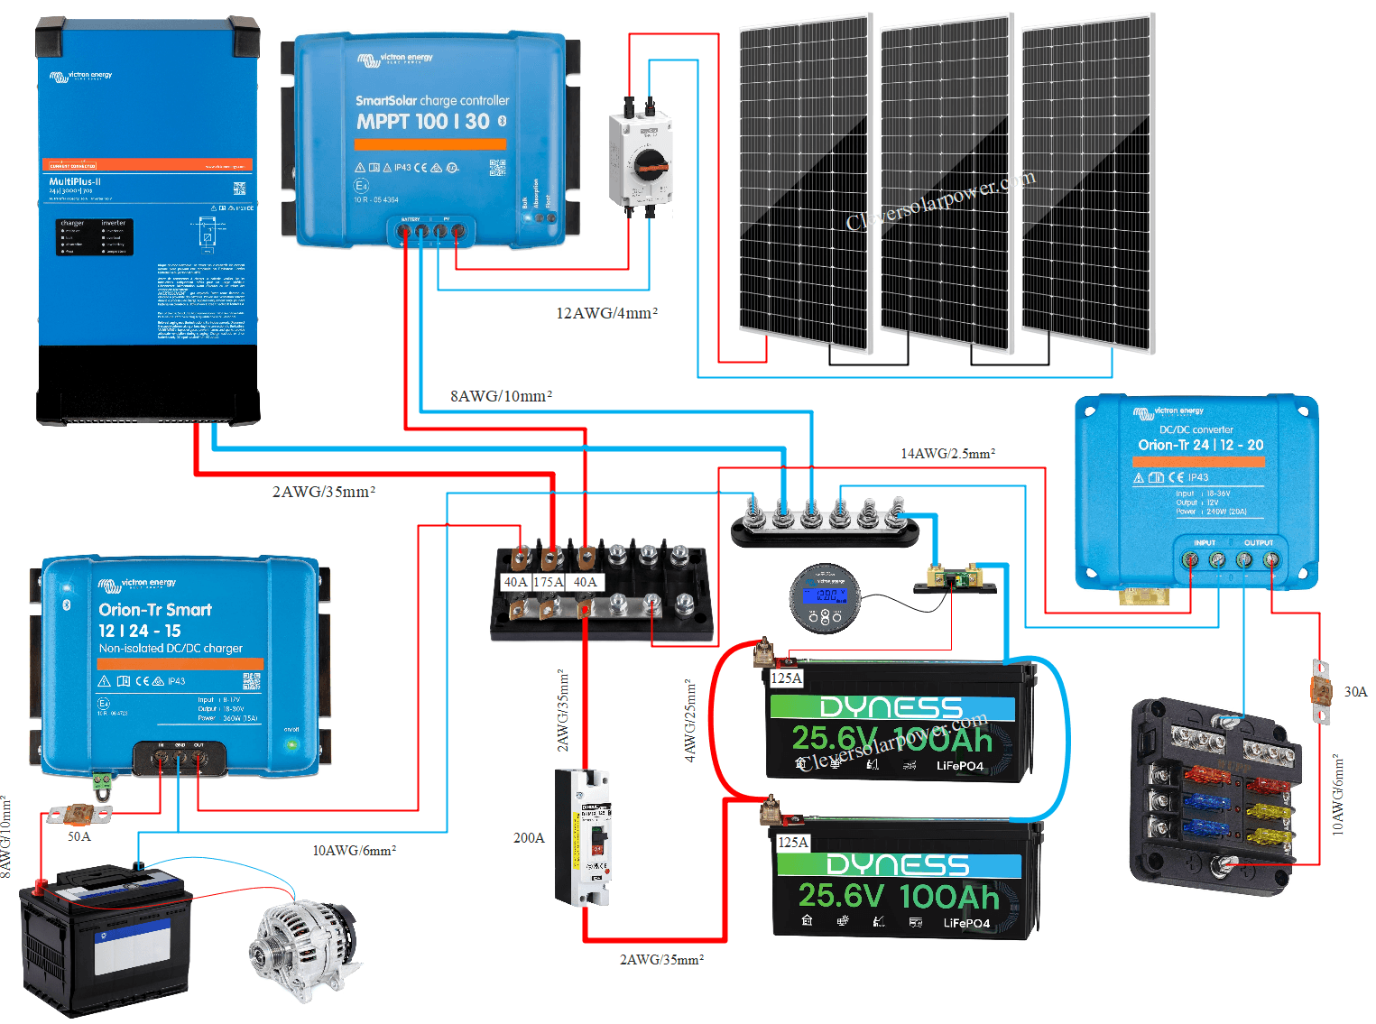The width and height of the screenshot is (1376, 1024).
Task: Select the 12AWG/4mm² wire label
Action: tap(606, 313)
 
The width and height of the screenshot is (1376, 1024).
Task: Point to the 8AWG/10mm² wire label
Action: tap(501, 396)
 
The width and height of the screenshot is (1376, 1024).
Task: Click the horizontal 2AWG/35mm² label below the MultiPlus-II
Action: tap(323, 492)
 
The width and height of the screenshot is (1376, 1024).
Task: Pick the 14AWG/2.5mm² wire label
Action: tap(947, 454)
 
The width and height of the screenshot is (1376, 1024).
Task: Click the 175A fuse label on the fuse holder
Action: tap(549, 582)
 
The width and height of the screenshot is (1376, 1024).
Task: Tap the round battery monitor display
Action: tap(825, 597)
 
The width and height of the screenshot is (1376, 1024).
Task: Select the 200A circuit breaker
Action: tap(583, 837)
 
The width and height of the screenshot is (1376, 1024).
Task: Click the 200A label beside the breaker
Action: tap(529, 838)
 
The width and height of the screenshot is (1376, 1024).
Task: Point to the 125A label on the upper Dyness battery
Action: tap(786, 678)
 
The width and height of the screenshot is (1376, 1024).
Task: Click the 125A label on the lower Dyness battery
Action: tap(793, 843)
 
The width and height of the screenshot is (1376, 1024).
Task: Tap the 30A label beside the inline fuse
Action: tap(1355, 692)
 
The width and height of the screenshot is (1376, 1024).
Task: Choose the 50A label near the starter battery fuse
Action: tap(79, 836)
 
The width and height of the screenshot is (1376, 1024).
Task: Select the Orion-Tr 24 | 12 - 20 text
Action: tap(1200, 445)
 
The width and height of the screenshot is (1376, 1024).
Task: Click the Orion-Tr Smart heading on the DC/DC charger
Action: tap(155, 610)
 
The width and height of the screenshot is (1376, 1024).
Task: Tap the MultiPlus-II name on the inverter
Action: tap(75, 181)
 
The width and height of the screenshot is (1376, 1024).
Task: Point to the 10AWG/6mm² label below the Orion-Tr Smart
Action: tap(354, 851)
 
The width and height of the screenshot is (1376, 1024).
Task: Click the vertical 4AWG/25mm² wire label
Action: tap(690, 722)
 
